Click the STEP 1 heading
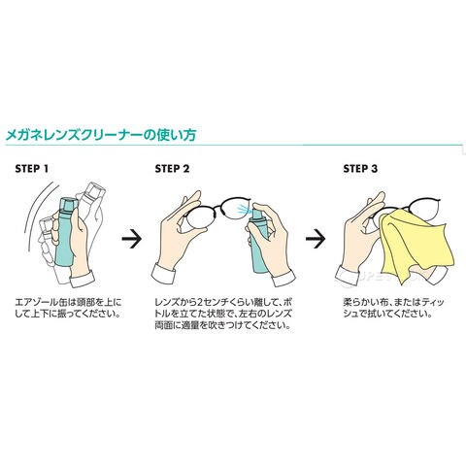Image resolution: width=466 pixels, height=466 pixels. (x=32, y=169)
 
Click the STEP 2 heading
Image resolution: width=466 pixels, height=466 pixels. (x=172, y=169)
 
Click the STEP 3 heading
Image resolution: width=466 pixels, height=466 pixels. (x=360, y=169)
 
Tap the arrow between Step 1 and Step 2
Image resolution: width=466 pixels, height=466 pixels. (x=132, y=239)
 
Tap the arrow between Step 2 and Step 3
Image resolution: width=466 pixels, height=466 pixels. (x=316, y=239)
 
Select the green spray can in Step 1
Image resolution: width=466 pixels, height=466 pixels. (x=66, y=236)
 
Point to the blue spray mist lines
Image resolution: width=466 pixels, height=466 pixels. (x=243, y=210)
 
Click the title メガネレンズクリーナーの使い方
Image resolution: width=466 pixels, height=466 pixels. (x=101, y=135)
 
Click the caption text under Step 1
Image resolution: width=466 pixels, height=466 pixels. (x=69, y=308)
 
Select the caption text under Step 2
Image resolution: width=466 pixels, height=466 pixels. (x=224, y=314)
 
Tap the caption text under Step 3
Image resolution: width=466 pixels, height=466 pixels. (x=393, y=308)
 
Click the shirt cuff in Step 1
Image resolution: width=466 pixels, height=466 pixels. (x=83, y=279)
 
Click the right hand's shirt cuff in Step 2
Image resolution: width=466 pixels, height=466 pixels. (x=283, y=279)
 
